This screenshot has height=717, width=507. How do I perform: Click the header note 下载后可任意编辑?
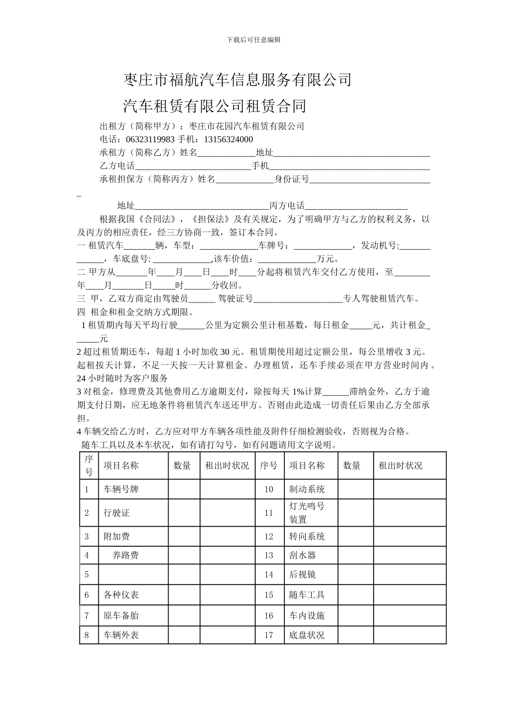point(253,39)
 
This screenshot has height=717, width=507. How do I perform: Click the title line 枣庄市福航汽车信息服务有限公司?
point(237,80)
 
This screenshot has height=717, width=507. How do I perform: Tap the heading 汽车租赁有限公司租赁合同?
point(215,106)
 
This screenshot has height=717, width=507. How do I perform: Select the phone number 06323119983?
point(150,140)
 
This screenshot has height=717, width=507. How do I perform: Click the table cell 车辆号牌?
point(121,489)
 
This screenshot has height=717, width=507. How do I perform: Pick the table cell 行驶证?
point(117,513)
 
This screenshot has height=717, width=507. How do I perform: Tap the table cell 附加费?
point(117,537)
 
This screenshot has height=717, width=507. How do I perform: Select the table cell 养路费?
point(125,555)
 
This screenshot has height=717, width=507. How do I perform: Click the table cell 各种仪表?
point(121,595)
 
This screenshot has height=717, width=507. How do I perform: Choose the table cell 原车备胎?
point(121,616)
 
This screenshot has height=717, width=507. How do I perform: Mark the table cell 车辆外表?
point(121,635)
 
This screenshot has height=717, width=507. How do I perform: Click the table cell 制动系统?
point(307,489)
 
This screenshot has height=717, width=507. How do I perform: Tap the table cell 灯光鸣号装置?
point(307,513)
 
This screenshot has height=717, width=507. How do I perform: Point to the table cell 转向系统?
point(307,537)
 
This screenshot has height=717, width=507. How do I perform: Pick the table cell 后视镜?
point(303,575)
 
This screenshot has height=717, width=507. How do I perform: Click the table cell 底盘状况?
point(307,635)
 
